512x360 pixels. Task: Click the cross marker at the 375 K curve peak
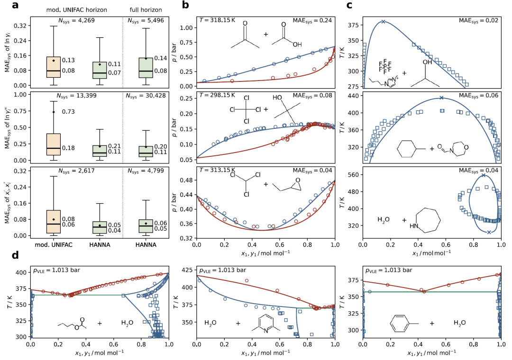(383, 22)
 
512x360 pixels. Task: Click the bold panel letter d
(16, 256)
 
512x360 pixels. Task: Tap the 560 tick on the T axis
(354, 175)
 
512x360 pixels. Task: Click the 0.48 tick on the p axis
(188, 180)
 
